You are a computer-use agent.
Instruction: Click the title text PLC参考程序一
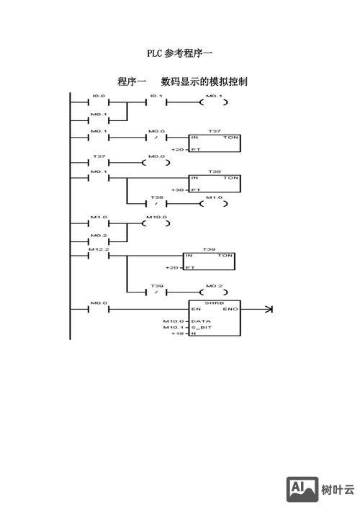180,53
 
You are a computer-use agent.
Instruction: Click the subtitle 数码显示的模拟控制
204,81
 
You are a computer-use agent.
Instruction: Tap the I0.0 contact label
99,96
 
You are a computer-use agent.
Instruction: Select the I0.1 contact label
156,96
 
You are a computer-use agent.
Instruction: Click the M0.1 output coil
215,102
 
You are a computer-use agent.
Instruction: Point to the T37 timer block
214,143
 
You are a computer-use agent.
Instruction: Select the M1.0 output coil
214,204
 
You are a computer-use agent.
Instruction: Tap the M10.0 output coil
156,223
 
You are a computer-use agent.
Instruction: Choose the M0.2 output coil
215,292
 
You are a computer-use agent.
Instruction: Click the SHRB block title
214,303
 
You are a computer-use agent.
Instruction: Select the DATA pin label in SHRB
201,321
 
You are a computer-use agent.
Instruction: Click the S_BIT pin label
202,328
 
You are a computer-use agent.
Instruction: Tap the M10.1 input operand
174,328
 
